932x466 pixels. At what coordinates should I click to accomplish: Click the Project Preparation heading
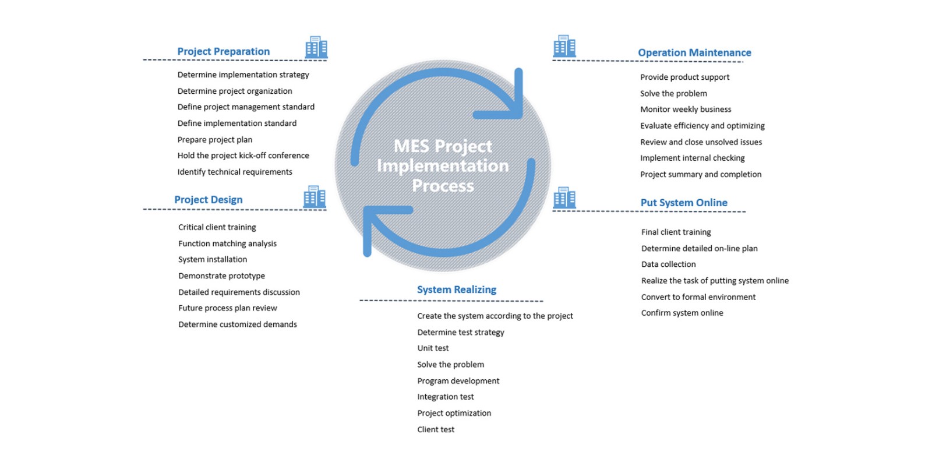[223, 51]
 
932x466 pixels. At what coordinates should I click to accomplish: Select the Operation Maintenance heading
[694, 52]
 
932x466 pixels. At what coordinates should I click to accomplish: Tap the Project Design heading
[208, 199]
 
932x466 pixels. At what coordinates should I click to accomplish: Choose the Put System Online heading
[684, 203]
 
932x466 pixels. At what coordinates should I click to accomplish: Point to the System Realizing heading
[457, 290]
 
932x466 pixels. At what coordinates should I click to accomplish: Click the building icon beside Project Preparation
[316, 47]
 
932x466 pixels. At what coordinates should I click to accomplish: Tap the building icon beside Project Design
[315, 197]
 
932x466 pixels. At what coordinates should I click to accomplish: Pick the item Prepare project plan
[215, 140]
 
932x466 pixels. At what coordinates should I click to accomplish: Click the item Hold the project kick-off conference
[243, 156]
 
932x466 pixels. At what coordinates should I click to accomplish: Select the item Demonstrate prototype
[221, 276]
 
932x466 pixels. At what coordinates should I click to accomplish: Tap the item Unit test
[433, 348]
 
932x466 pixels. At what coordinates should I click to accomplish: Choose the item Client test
[436, 429]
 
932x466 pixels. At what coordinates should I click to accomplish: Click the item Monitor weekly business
[686, 110]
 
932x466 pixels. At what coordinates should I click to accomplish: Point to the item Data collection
[668, 264]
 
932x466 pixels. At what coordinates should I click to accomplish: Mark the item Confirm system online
[682, 313]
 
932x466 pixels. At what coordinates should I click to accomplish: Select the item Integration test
[446, 397]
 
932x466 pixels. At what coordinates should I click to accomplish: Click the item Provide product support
[684, 77]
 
